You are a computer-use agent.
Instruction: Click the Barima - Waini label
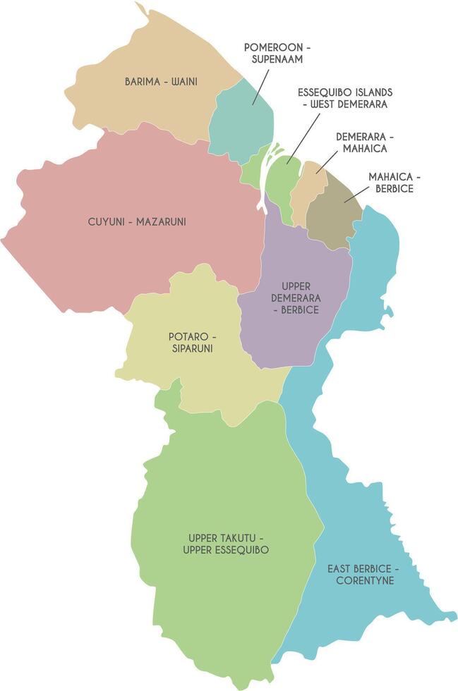tap(161, 82)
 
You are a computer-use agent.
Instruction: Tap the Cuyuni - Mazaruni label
tap(137, 221)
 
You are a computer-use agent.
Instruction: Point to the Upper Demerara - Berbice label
tap(295, 298)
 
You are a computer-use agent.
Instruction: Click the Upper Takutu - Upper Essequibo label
tap(225, 544)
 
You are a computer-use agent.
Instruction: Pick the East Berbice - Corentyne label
tap(364, 574)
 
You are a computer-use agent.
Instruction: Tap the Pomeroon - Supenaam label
tap(277, 53)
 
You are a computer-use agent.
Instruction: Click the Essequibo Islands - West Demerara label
tap(344, 98)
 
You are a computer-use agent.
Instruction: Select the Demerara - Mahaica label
tap(365, 142)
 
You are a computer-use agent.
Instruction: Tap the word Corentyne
tap(364, 581)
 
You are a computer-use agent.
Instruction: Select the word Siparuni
tap(191, 348)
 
